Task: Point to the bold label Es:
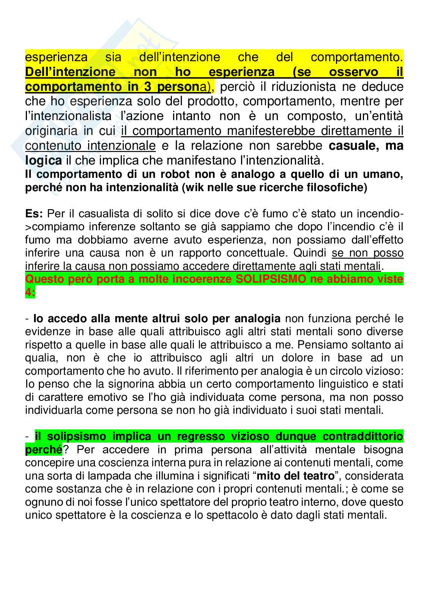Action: pos(34,214)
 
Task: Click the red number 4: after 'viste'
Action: pos(30,293)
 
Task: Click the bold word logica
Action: pos(43,160)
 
